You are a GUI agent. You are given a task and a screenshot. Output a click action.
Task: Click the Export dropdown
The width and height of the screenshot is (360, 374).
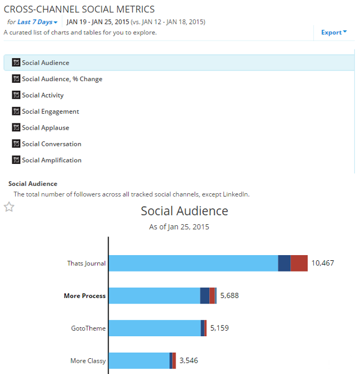click(334, 33)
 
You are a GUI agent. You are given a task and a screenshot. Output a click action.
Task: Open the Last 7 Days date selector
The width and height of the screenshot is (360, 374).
click(38, 22)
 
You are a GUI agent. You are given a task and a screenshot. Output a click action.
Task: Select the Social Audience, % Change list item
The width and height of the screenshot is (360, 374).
click(62, 79)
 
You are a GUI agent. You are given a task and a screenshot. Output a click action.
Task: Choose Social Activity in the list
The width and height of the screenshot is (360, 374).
click(43, 95)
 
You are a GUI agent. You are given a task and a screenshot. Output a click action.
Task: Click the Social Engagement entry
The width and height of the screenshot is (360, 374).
click(50, 112)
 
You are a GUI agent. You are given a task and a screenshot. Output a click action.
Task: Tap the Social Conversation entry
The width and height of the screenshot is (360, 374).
click(51, 144)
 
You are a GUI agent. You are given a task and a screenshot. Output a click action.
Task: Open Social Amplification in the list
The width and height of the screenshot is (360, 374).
click(51, 161)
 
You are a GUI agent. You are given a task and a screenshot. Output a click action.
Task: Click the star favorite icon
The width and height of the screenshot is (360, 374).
click(9, 207)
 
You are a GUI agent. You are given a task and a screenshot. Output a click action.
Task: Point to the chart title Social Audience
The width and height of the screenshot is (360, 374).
click(184, 211)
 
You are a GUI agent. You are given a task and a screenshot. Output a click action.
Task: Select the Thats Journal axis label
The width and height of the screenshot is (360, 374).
click(86, 263)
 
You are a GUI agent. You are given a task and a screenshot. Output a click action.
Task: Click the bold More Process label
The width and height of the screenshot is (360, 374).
click(84, 296)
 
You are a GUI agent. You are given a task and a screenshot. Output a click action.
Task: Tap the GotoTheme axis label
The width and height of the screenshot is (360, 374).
click(88, 328)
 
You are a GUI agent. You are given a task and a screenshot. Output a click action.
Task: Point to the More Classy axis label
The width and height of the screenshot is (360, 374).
click(88, 360)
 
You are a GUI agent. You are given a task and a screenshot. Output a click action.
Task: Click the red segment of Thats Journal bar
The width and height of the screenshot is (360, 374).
click(299, 263)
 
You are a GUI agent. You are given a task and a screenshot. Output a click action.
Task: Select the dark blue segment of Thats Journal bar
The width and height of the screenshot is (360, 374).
click(284, 263)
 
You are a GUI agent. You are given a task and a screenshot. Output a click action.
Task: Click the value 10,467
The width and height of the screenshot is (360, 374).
click(322, 263)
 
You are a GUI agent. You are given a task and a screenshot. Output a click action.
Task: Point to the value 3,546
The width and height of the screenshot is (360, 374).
click(188, 360)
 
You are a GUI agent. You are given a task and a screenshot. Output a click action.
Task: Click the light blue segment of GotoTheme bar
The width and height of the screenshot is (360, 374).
click(154, 328)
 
